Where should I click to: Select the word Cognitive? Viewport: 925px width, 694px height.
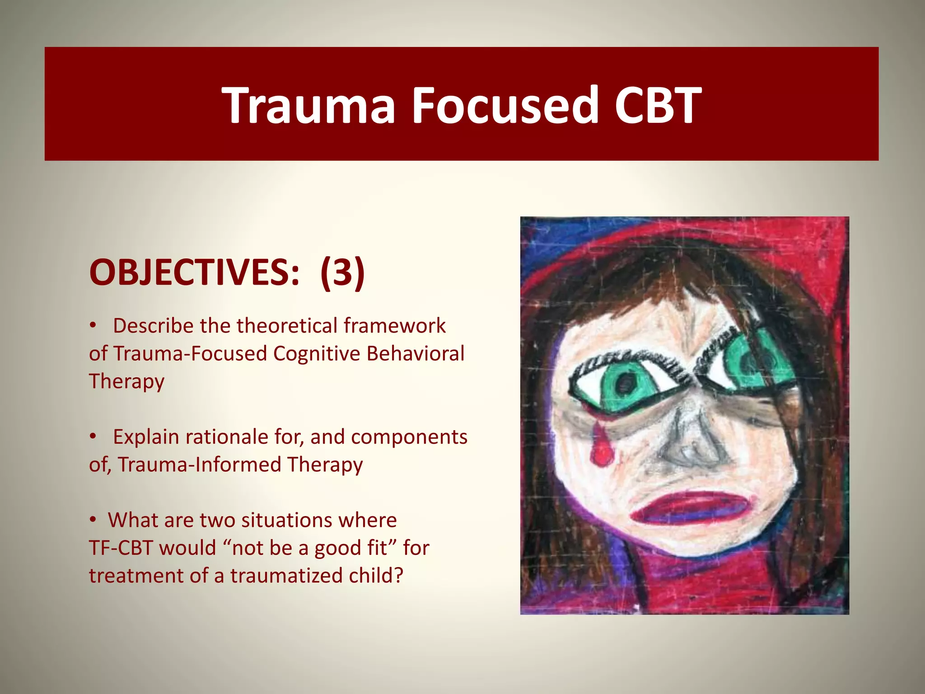click(316, 353)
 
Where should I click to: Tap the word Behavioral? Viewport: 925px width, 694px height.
click(415, 353)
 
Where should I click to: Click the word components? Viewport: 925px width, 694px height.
click(409, 437)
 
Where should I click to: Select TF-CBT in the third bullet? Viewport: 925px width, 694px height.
click(121, 548)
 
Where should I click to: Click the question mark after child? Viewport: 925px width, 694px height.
click(398, 576)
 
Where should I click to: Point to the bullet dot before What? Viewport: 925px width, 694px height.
click(93, 520)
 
